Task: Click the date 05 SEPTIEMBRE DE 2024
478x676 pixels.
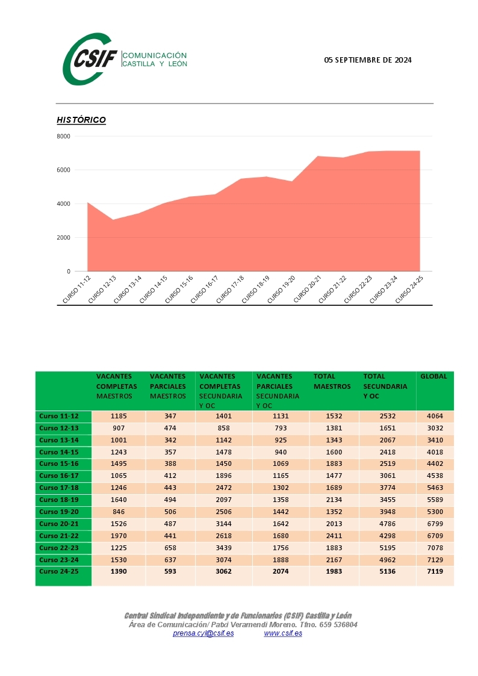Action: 368,60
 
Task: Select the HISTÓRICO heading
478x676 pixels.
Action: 81,120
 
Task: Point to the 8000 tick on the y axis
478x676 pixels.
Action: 63,136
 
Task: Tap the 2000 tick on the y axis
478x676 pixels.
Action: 63,238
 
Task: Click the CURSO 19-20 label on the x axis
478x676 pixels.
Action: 282,290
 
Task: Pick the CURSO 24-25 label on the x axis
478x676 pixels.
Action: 409,290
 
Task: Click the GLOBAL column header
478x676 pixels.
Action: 433,376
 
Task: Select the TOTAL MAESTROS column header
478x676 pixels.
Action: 332,382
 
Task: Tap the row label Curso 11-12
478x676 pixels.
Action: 58,416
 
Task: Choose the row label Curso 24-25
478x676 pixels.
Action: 58,571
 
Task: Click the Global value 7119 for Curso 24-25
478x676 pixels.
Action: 435,571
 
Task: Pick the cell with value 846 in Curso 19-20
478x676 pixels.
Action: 119,512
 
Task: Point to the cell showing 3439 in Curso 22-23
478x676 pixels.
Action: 224,548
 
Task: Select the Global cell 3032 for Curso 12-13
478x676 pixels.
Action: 435,428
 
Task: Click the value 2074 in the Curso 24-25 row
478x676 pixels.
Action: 281,571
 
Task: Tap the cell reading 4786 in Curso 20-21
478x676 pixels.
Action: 388,524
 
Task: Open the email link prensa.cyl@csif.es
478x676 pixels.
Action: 203,633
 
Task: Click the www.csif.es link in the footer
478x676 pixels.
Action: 283,633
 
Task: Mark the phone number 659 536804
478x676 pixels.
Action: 338,625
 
